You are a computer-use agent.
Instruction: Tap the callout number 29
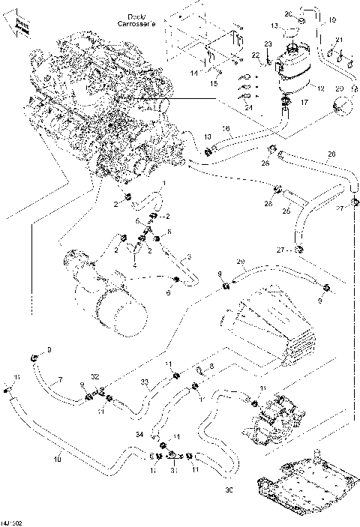(x=241, y=262)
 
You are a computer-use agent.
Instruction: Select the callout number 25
(x=285, y=211)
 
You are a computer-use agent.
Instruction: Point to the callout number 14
(x=193, y=73)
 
